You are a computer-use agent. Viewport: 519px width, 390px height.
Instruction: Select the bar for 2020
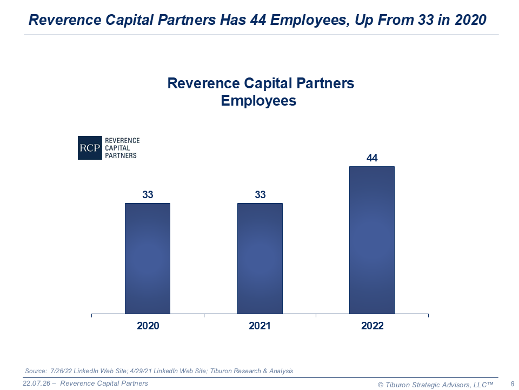coord(147,258)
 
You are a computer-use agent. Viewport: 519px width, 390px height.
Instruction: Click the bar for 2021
coord(259,258)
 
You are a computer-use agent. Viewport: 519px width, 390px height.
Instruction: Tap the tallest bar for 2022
coord(372,240)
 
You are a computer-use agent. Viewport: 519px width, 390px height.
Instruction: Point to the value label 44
coord(372,158)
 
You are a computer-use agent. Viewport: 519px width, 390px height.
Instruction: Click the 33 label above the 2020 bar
coord(148,195)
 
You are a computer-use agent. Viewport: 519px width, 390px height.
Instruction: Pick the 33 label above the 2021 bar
coord(260,195)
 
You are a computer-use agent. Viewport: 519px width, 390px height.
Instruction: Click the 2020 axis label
coord(148,326)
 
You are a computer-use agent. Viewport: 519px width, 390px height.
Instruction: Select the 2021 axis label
coord(260,326)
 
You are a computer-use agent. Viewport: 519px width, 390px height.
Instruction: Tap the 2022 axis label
coord(372,326)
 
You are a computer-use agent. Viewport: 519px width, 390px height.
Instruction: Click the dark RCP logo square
coord(90,148)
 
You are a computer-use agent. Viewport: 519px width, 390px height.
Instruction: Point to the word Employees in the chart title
coord(258,101)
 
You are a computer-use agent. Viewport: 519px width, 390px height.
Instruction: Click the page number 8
coord(512,384)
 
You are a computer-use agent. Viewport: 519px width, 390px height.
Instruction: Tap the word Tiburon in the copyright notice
coord(399,384)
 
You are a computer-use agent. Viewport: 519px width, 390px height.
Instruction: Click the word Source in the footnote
coord(35,371)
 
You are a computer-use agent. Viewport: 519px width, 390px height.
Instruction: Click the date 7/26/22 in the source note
coord(61,371)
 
